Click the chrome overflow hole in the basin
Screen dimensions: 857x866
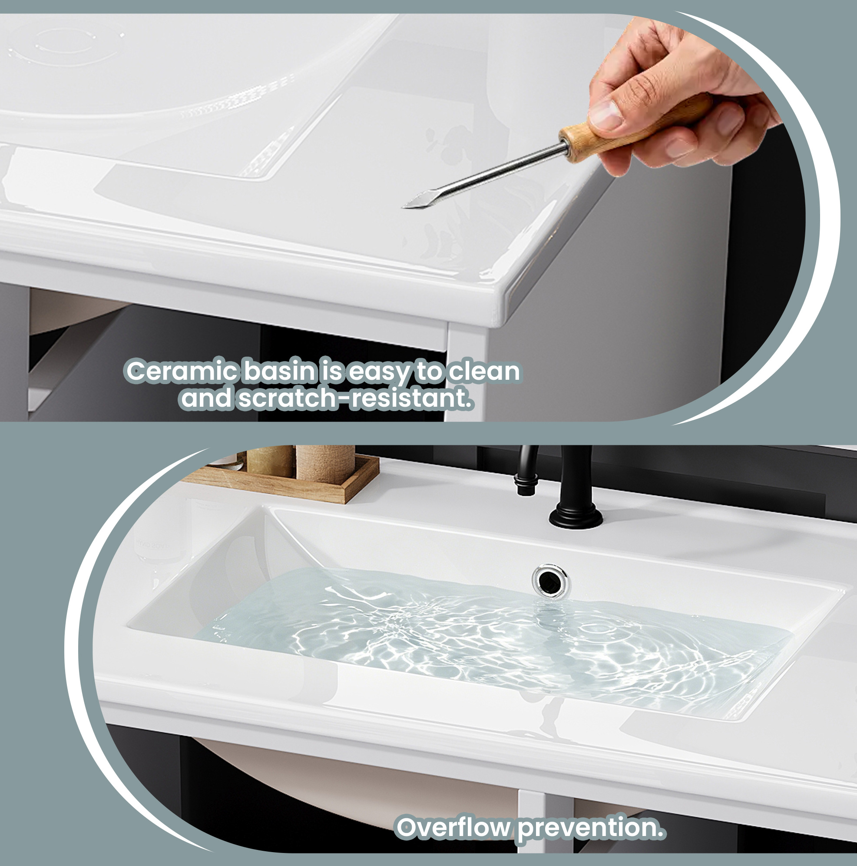[551, 581]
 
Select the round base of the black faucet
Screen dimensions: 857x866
[576, 517]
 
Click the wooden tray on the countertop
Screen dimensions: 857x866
[287, 482]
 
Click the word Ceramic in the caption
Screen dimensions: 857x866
[182, 372]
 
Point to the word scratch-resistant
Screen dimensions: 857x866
[354, 398]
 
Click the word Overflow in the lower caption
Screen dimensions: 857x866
[455, 827]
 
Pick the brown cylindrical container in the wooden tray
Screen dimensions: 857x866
[325, 464]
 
